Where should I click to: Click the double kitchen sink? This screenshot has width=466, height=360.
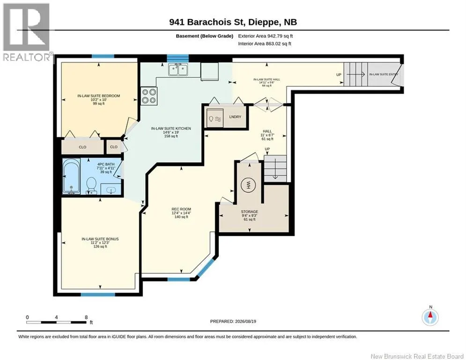coord(178,70)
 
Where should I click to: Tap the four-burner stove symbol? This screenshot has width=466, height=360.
coord(148,96)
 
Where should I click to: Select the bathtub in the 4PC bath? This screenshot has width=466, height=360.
coord(71,176)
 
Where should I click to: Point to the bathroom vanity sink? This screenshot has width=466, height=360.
coord(111,189)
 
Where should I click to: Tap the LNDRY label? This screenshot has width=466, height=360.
coord(235,117)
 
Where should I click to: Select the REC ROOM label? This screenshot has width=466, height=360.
coord(181,209)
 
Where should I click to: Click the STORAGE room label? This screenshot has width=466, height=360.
coord(249,211)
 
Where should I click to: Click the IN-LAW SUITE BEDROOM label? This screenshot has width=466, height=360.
coord(99,96)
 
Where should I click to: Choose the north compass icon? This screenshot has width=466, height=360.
coord(430,317)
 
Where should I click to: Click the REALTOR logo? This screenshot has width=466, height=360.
coord(27,32)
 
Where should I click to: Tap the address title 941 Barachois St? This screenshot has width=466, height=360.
coord(207,22)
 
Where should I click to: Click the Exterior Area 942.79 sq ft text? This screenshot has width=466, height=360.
coord(266,36)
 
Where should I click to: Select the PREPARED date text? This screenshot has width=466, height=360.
coord(233,321)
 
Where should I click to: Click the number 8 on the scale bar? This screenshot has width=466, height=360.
coord(86,317)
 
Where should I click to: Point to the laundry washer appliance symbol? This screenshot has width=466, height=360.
coord(215,118)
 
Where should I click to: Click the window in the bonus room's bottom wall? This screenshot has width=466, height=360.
coord(98,294)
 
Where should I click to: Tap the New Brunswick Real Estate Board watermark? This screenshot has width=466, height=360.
coord(417,356)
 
